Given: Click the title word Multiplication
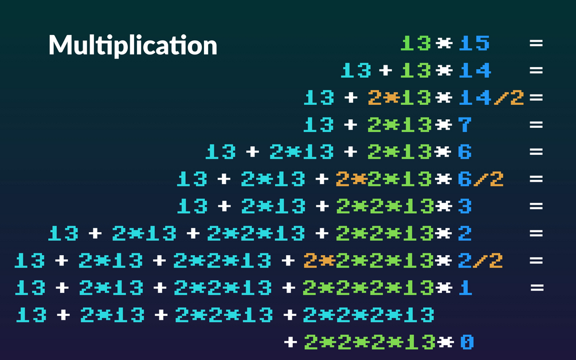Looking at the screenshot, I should coord(132,45).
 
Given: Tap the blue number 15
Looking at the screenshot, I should coord(475,44).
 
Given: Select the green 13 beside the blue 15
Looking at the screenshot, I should coord(416,44).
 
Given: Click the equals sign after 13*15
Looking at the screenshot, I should coord(536,44).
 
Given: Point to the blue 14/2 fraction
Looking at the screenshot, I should coord(492,98).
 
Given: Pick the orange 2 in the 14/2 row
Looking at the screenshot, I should coord(375,98).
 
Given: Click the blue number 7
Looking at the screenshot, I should coord(465,125).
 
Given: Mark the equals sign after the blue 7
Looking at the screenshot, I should coord(536,125).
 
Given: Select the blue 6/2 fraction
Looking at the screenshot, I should coord(481,179).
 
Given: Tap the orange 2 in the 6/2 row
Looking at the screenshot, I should coord(343,179).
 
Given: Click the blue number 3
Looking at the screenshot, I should coord(465,206).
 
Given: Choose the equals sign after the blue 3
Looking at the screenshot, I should coord(536,206).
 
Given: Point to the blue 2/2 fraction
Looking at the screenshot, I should coord(481,261).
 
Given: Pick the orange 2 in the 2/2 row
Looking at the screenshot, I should coord(310,261).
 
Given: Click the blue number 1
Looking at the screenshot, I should coord(465,288).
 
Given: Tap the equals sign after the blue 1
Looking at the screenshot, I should coord(536,288).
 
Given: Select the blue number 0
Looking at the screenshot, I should coord(467,342).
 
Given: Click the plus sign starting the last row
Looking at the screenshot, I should coord(291,342).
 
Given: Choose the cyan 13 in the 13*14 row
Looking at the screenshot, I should coord(356,71).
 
